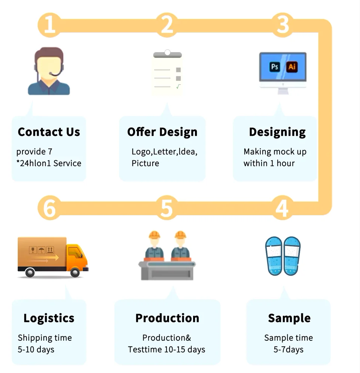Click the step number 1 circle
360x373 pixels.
click(x=49, y=25)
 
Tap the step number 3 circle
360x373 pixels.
click(x=283, y=25)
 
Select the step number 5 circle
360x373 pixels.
click(x=167, y=208)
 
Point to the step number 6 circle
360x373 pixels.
click(x=49, y=208)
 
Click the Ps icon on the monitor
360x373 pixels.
click(x=275, y=67)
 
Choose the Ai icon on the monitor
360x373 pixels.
click(x=292, y=67)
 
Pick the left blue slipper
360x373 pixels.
click(x=274, y=256)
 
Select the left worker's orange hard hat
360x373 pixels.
click(x=154, y=235)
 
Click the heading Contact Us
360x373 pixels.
click(x=49, y=132)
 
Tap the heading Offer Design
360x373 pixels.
click(x=162, y=132)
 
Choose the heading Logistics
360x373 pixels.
click(x=49, y=318)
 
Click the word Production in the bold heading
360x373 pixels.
click(x=167, y=318)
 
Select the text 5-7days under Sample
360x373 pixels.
click(x=288, y=350)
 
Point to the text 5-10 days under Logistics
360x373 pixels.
click(x=36, y=350)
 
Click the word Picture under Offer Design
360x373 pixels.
click(x=145, y=163)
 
